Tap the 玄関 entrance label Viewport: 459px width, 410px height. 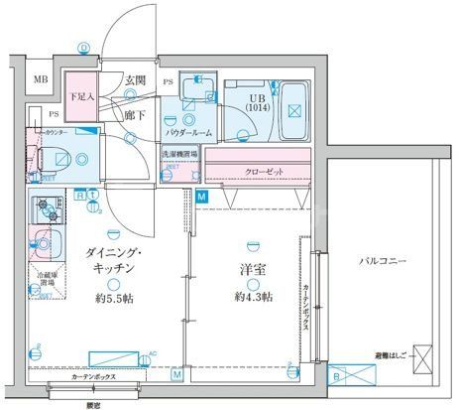[135, 79]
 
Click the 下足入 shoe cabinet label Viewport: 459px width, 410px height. [81, 96]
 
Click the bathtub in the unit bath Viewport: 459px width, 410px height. [294, 109]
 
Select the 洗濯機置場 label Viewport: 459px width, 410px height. [180, 155]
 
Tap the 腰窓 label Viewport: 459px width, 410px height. [96, 402]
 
